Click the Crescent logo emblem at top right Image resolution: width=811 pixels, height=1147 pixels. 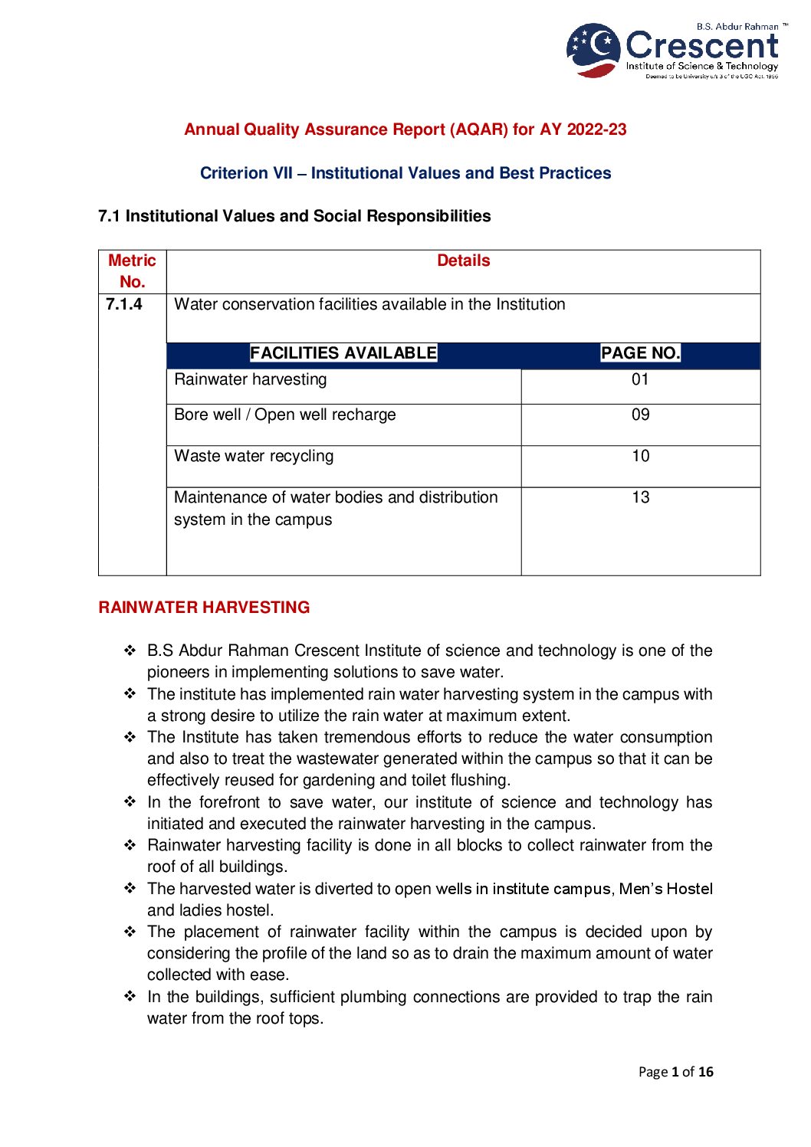point(593,50)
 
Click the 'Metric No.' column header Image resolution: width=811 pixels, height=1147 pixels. point(132,271)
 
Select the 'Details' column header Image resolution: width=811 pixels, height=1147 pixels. point(463,261)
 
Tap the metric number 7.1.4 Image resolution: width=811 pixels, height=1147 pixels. point(124,304)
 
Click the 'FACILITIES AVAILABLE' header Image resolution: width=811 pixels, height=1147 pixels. point(343,353)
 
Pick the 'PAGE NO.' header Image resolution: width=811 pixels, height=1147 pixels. point(640,353)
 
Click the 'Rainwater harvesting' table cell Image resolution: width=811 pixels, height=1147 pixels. point(251,380)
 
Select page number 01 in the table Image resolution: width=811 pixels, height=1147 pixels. point(640,380)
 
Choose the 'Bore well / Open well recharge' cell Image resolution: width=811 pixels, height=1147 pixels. point(285,415)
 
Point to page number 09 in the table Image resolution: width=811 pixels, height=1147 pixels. point(640,415)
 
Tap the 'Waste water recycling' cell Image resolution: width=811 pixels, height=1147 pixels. point(254,457)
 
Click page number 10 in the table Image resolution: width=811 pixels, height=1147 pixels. point(640,457)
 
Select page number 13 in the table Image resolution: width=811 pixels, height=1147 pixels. point(640,498)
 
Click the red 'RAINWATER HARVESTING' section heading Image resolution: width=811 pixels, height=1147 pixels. point(204,608)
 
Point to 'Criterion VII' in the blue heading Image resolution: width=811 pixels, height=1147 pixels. point(246,173)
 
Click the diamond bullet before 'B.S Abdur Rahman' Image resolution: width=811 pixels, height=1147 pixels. point(130,651)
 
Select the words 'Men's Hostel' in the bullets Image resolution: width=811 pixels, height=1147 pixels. point(665,889)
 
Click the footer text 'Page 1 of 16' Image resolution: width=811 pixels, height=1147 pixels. point(675,1072)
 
